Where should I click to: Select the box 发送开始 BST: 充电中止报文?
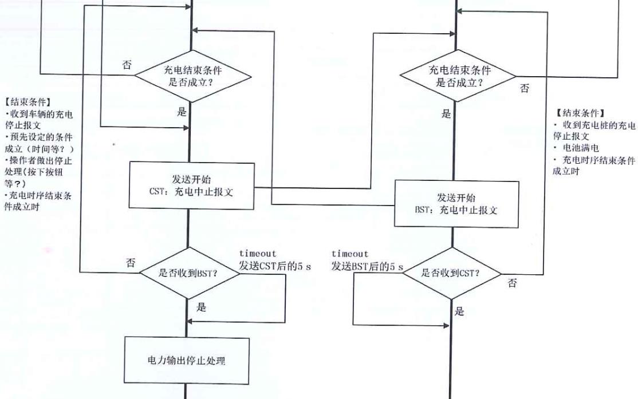[x=456, y=203]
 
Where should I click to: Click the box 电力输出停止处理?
[x=187, y=361]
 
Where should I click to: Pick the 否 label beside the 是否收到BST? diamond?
[x=131, y=263]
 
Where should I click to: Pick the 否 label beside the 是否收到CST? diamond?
[x=512, y=284]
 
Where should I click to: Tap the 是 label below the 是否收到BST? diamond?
[x=201, y=307]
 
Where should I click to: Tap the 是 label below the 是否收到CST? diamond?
[x=459, y=312]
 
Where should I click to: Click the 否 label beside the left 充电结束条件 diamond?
[x=127, y=65]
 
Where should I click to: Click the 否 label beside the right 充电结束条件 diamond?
[x=525, y=89]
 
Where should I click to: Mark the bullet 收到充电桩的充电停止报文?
[x=593, y=131]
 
